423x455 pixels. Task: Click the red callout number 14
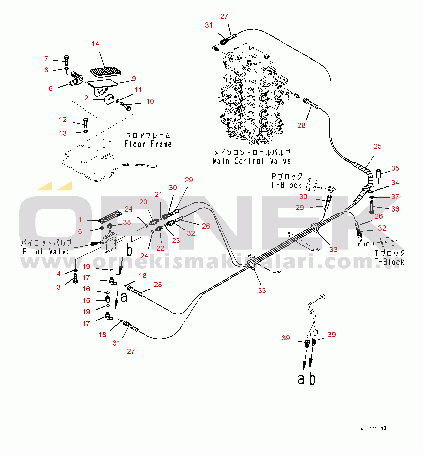pos(95,44)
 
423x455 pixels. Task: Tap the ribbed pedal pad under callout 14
pos(105,71)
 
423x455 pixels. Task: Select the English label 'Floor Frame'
pos(148,144)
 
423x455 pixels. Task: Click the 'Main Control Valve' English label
pos(251,161)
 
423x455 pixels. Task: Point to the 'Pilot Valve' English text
pos(46,252)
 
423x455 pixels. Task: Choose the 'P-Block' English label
pos(287,185)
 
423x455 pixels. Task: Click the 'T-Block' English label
pos(389,262)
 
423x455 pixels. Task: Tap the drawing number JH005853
pos(373,428)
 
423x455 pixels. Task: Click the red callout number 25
pos(378,146)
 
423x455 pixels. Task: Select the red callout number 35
pos(395,168)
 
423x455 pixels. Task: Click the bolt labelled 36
pos(371,207)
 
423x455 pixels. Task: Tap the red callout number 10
pos(150,101)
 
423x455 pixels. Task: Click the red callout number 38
pos(127,222)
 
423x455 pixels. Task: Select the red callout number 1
pos(80,220)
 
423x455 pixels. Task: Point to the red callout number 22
pos(160,248)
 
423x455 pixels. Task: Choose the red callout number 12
pos(63,120)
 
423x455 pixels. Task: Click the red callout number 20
pos(143,202)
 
